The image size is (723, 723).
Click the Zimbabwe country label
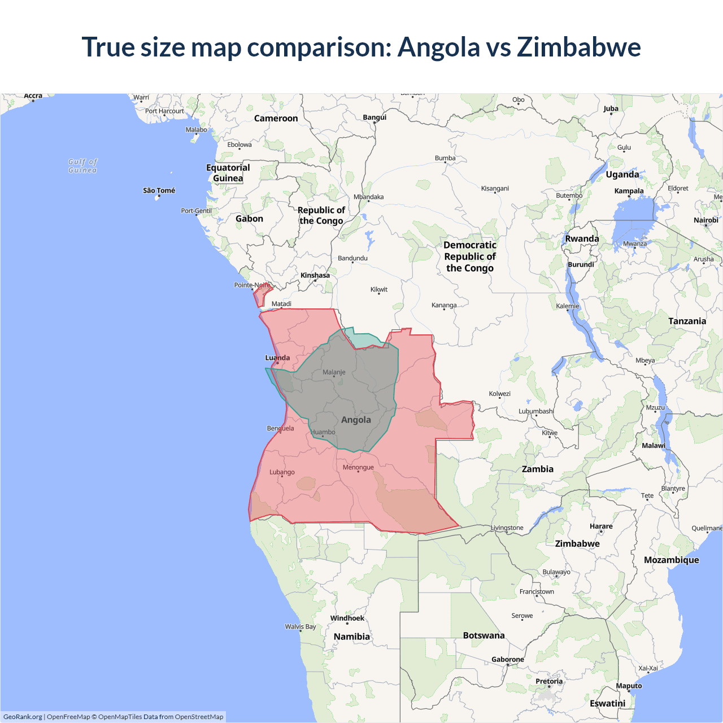(x=577, y=543)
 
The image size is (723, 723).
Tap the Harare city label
(x=601, y=526)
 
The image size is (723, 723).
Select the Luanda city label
(x=277, y=358)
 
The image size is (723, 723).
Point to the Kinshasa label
(x=315, y=275)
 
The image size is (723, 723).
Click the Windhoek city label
(x=347, y=618)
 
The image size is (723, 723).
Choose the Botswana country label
(x=484, y=635)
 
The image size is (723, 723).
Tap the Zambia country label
(x=537, y=469)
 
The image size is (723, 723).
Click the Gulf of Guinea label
(x=82, y=165)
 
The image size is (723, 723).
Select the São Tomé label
(x=159, y=190)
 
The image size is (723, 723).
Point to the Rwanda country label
(x=582, y=238)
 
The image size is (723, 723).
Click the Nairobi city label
(x=705, y=220)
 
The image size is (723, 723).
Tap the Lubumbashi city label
(x=536, y=411)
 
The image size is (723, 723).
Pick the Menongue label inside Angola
(x=358, y=467)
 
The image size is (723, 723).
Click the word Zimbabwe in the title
(x=579, y=47)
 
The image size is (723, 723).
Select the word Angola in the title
(x=438, y=47)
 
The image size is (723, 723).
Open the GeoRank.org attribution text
(x=23, y=717)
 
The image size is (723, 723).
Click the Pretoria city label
(x=548, y=681)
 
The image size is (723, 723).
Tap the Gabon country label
(x=249, y=219)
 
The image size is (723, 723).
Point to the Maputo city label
(x=629, y=686)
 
